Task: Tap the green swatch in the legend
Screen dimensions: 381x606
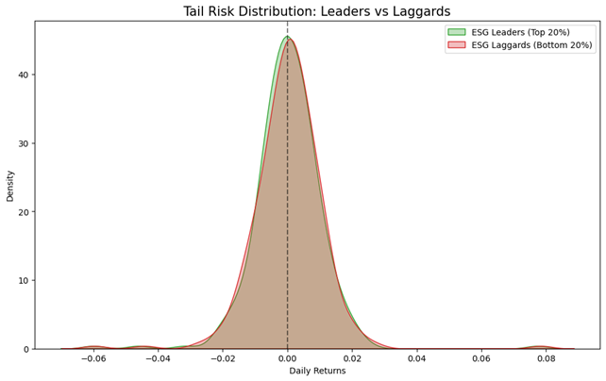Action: click(456, 32)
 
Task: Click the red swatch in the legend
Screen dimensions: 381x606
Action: click(456, 45)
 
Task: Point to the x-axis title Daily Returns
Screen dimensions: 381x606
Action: click(316, 371)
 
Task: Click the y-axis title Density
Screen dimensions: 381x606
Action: click(10, 185)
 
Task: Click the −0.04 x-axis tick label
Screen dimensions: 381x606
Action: click(157, 358)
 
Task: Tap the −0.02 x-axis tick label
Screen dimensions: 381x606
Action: click(221, 358)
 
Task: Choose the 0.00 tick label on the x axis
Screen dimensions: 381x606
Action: click(287, 358)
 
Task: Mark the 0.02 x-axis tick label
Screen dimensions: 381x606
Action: click(352, 358)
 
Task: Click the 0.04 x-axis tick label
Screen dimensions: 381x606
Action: click(416, 358)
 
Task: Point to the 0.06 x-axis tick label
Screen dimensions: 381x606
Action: click(481, 358)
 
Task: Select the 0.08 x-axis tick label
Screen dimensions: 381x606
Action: click(546, 358)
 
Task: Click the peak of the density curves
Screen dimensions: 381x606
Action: click(288, 38)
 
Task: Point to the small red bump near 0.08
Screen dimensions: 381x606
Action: click(541, 346)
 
